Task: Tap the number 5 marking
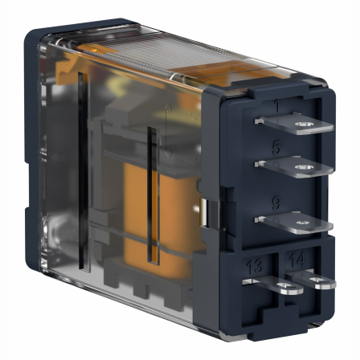click(x=276, y=149)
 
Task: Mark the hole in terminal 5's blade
click(x=303, y=168)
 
